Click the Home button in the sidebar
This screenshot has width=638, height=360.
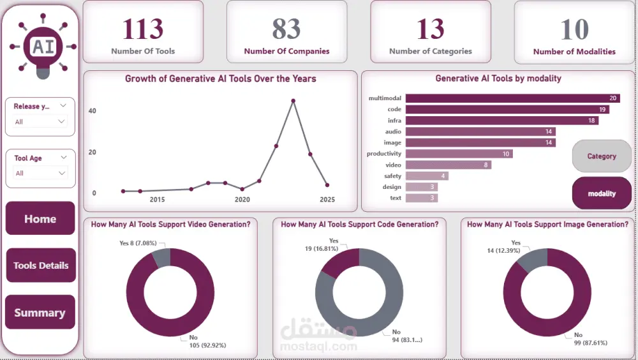[40, 219]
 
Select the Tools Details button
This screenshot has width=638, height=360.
[41, 266]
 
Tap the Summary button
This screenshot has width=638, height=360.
[40, 313]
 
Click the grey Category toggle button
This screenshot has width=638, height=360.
[602, 156]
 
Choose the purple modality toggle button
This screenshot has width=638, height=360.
[602, 193]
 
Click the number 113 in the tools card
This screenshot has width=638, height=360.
[143, 29]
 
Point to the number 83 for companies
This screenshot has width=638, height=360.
[286, 29]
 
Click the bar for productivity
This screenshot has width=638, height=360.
[459, 154]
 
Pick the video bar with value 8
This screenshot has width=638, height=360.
[449, 165]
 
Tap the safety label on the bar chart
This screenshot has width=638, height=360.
[392, 176]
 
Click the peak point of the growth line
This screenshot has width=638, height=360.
[293, 101]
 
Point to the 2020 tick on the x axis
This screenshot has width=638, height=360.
[242, 200]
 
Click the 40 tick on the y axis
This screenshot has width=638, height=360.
[93, 111]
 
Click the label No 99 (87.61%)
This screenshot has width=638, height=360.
[590, 338]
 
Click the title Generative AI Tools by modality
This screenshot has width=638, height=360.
[498, 79]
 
